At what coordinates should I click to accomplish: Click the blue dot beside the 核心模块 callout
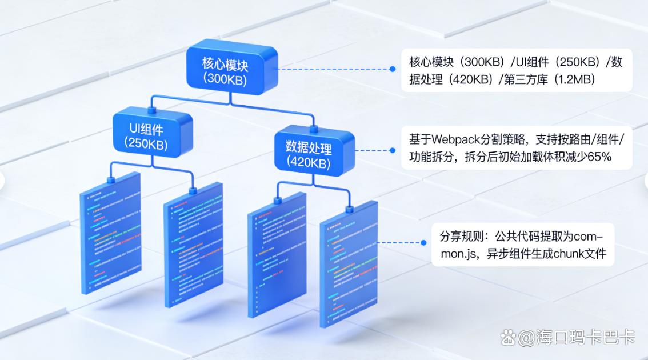393,69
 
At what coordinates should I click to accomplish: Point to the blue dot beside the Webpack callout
393,150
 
